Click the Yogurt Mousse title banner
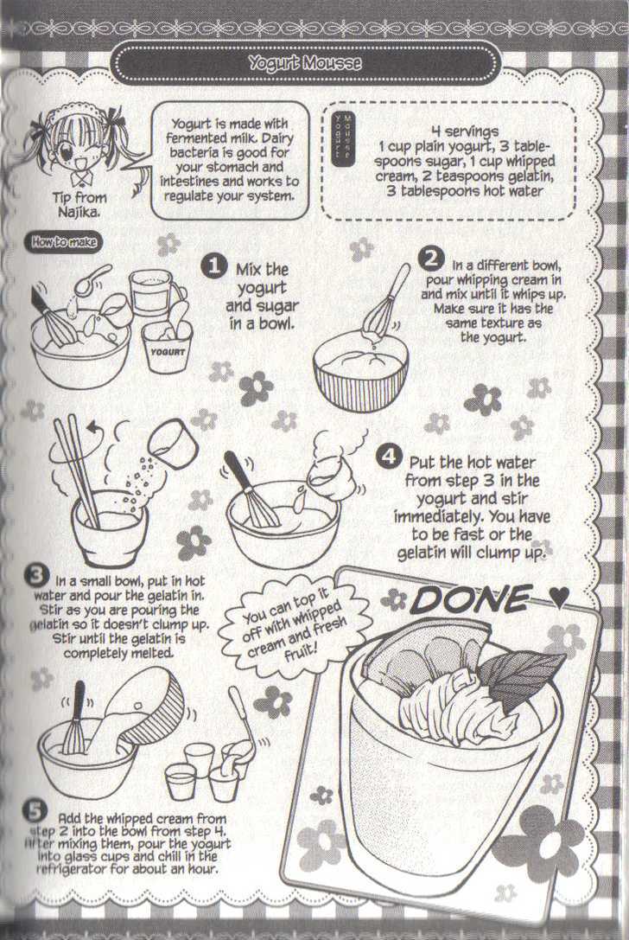304,63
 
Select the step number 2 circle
429,259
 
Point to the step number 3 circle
35,575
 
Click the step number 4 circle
389,456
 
